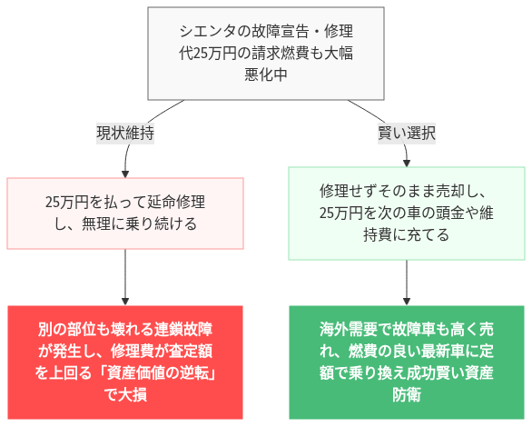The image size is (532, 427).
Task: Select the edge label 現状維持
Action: point(124,133)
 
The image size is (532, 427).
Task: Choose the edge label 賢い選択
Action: point(406,133)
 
